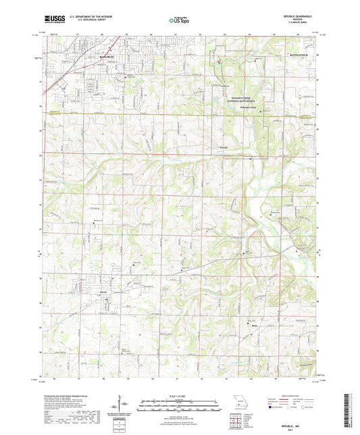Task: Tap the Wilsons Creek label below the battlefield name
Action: [240, 107]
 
